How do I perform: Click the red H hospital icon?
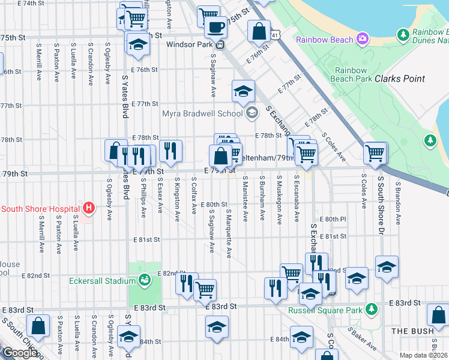pyautogui.click(x=89, y=208)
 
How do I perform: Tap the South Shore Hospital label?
pyautogui.click(x=40, y=209)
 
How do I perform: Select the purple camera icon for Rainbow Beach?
pyautogui.click(x=362, y=40)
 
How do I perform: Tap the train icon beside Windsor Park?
pyautogui.click(x=220, y=44)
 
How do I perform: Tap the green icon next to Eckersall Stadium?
pyautogui.click(x=144, y=280)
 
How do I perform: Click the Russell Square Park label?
pyautogui.click(x=325, y=310)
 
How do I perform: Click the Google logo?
pyautogui.click(x=19, y=353)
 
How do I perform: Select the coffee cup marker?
pyautogui.click(x=215, y=27)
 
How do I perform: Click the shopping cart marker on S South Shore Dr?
pyautogui.click(x=375, y=153)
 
